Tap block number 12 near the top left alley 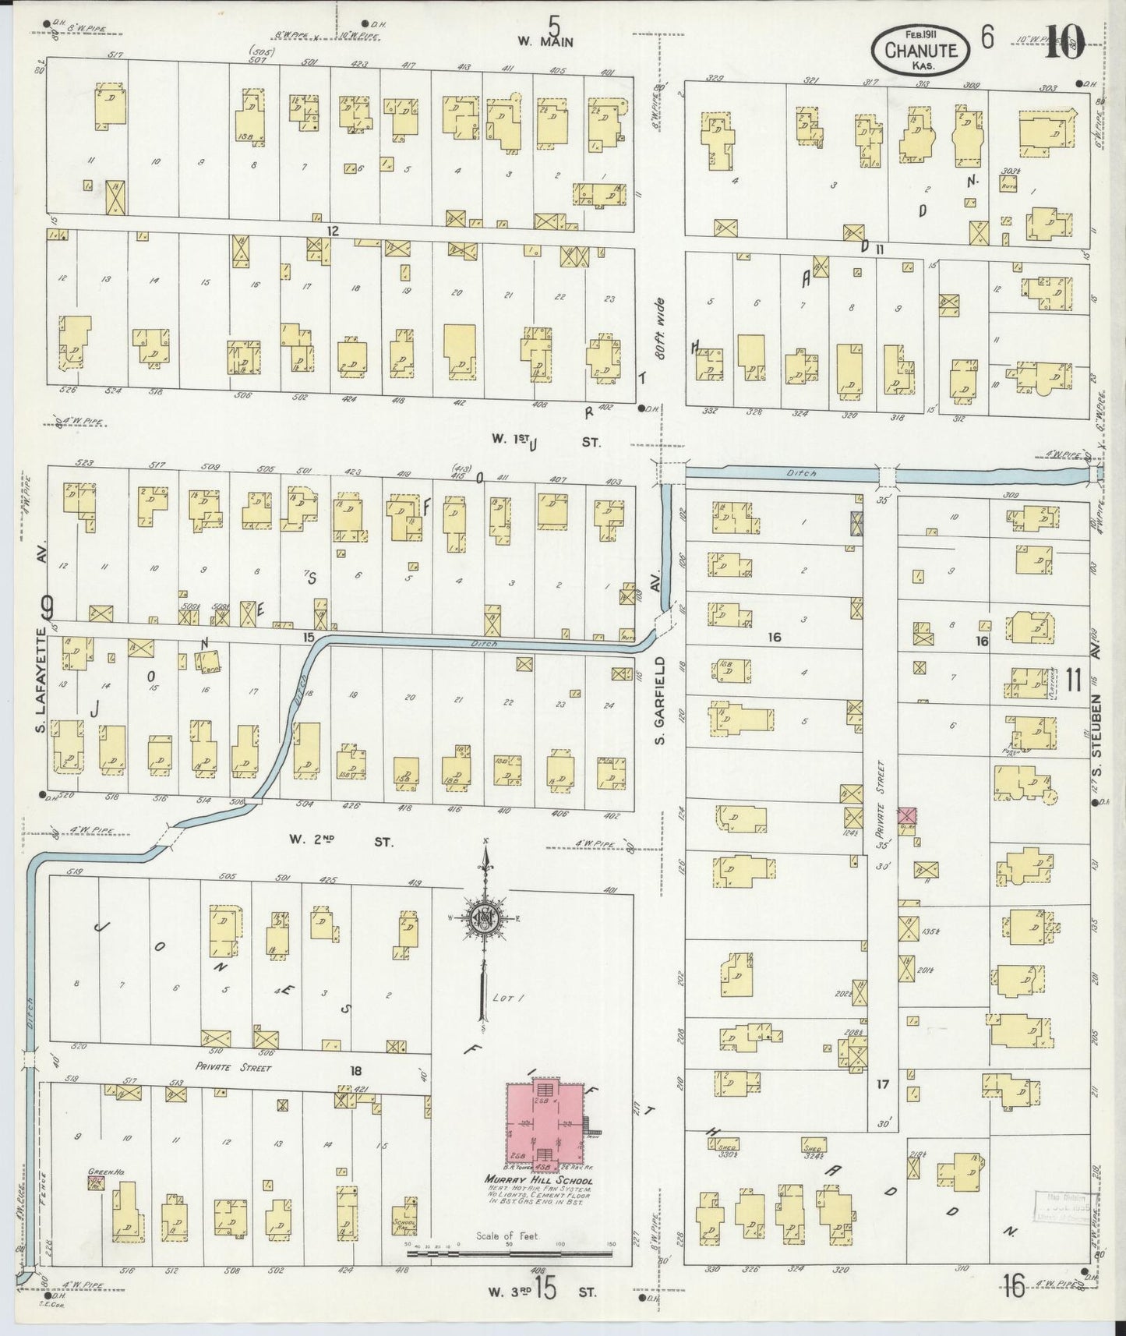click(334, 232)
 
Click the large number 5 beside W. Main click(554, 23)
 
